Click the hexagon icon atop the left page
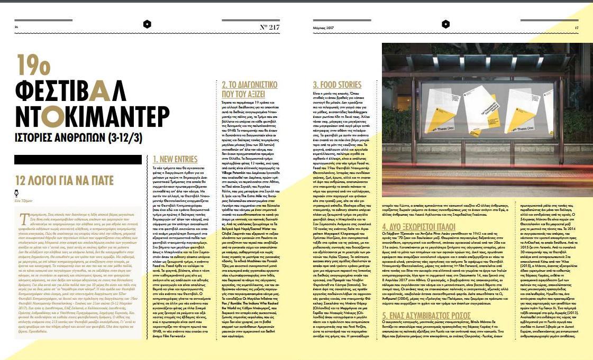[147, 24]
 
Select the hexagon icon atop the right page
[445, 24]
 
